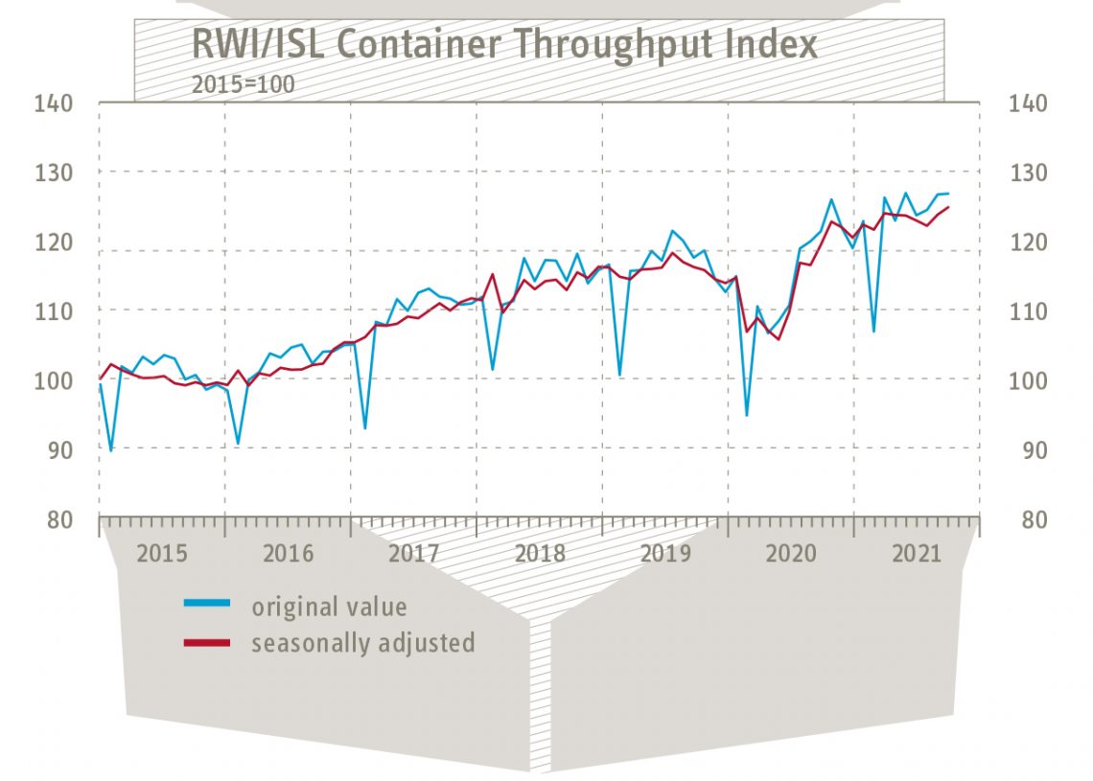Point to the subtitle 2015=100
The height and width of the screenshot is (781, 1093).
click(243, 84)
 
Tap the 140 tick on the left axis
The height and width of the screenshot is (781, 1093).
click(55, 103)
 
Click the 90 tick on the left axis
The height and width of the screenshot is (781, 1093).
click(60, 449)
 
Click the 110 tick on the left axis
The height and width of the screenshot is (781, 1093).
click(55, 311)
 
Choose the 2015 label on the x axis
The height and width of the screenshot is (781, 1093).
click(161, 554)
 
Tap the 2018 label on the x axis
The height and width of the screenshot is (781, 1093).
click(540, 554)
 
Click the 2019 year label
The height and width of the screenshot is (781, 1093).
click(665, 554)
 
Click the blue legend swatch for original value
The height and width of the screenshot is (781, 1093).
click(207, 604)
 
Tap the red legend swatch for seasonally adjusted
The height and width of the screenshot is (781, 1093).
click(207, 642)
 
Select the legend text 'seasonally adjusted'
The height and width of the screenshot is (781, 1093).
click(362, 642)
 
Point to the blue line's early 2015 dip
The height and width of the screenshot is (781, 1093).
click(111, 449)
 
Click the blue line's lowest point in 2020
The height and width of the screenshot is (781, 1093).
click(747, 415)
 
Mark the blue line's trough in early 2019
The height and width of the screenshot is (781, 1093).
click(620, 375)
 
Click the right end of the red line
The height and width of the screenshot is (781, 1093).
click(948, 207)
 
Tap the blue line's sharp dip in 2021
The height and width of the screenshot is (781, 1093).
click(873, 331)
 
